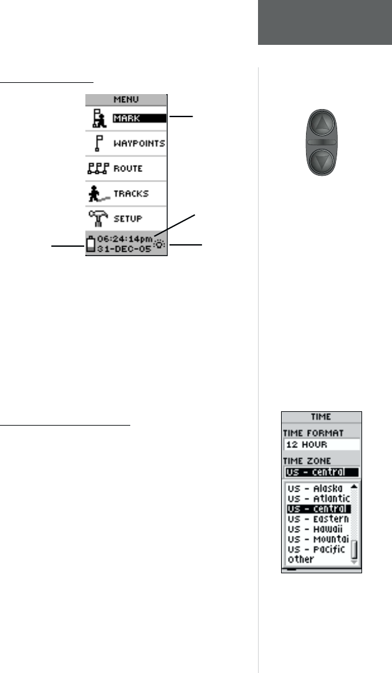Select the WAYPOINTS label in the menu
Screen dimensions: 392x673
pyautogui.click(x=139, y=143)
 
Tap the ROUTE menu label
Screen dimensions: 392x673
pyautogui.click(x=128, y=169)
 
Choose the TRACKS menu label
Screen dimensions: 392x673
pyautogui.click(x=131, y=194)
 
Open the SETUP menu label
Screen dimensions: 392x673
pyautogui.click(x=128, y=219)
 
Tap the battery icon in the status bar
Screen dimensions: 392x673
pyautogui.click(x=91, y=242)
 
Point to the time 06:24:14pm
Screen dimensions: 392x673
pyautogui.click(x=125, y=237)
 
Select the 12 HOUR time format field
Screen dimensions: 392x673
pyautogui.click(x=321, y=445)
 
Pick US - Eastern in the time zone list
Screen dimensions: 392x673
pyautogui.click(x=317, y=519)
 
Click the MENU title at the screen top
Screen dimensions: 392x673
pyautogui.click(x=126, y=98)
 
